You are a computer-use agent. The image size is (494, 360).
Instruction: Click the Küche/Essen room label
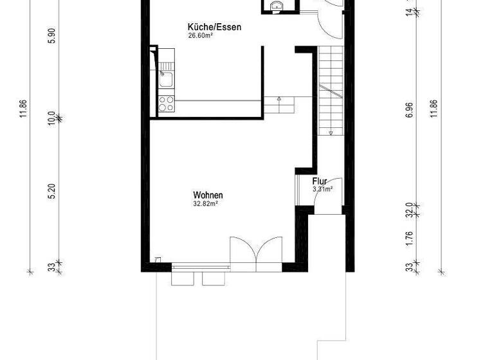click(206, 27)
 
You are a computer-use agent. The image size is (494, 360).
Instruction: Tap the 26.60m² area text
click(201, 36)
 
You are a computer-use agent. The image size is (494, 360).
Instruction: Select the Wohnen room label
click(208, 195)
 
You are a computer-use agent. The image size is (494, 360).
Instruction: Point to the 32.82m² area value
click(206, 204)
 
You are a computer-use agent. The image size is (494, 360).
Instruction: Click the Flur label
click(320, 181)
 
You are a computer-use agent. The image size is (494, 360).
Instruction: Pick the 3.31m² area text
click(322, 190)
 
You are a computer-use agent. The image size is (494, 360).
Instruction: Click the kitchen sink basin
click(165, 80)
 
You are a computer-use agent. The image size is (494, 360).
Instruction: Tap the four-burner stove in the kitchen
click(165, 104)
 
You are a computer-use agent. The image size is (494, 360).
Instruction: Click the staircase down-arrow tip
click(331, 134)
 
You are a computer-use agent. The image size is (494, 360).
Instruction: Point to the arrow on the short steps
click(279, 99)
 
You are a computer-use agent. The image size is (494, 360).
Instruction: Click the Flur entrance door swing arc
click(327, 201)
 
